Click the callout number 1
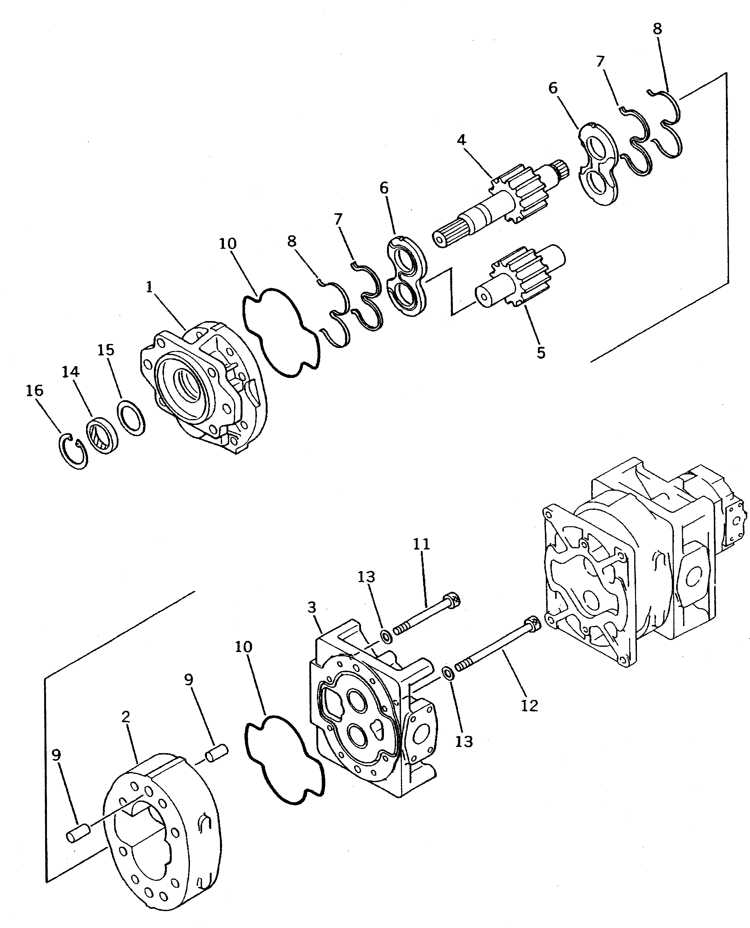tap(150, 287)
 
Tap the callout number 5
tap(541, 353)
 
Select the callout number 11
tap(422, 544)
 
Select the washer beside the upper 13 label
tap(386, 637)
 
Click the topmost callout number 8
tap(657, 29)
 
